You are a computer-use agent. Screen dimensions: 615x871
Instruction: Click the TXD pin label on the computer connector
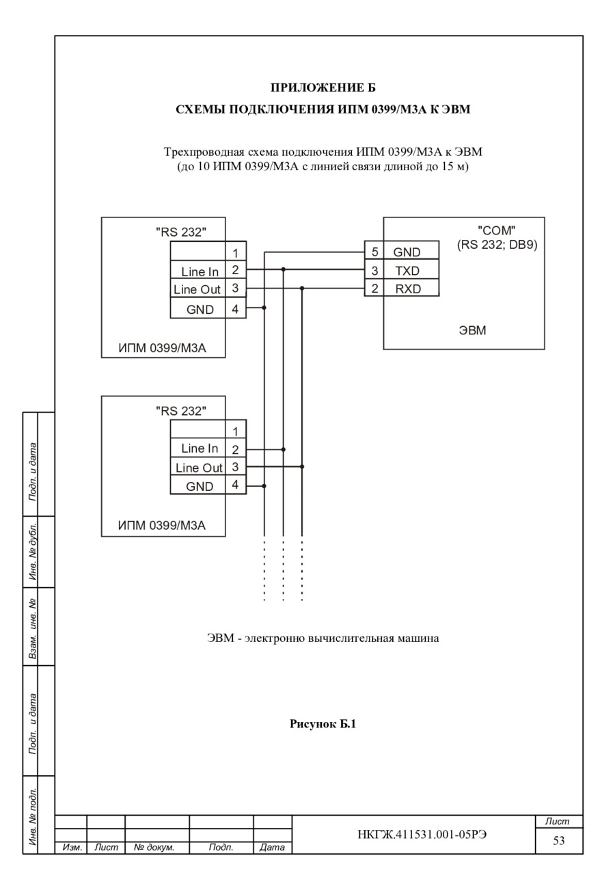(x=407, y=271)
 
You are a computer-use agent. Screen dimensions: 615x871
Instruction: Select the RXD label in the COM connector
(x=408, y=289)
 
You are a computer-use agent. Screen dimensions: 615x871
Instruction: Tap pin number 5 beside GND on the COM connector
(x=374, y=252)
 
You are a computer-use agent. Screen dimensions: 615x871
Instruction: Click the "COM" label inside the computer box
(x=496, y=230)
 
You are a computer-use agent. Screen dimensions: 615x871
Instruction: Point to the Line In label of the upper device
(x=200, y=272)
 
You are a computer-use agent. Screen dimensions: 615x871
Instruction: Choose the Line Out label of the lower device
(x=199, y=468)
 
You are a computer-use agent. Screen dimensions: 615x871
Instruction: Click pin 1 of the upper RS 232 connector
(x=235, y=253)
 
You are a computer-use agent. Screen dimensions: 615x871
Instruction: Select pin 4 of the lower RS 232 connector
(x=235, y=485)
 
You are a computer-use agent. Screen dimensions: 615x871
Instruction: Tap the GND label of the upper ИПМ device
(x=200, y=310)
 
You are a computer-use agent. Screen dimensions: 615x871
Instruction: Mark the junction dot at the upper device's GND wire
(x=264, y=308)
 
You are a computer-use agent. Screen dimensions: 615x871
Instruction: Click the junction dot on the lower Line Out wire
(x=302, y=466)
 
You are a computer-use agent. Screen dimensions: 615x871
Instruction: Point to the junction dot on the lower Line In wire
(x=284, y=449)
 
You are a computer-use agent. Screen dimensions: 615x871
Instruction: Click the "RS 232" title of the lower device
(x=181, y=411)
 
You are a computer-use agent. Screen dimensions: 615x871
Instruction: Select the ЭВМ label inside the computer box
(x=472, y=330)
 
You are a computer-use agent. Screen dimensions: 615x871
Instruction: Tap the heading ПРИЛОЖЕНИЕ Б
(x=323, y=88)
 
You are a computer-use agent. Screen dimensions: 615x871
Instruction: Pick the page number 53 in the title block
(x=559, y=840)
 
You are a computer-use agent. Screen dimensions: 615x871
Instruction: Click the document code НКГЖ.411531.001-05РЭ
(x=422, y=835)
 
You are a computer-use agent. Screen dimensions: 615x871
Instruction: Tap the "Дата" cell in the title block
(x=272, y=847)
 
